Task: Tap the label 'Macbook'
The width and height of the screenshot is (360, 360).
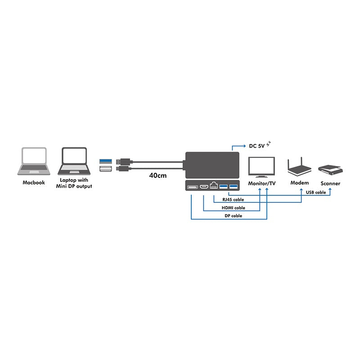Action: tap(34, 183)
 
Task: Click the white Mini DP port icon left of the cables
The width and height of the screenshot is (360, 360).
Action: tap(104, 169)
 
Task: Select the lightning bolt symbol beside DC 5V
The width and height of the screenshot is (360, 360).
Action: tap(269, 144)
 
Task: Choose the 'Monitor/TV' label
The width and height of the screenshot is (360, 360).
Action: tap(261, 183)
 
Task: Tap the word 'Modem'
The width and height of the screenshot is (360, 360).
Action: tap(300, 183)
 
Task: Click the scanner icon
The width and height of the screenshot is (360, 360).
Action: tap(331, 170)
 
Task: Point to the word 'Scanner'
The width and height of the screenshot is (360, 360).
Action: tap(330, 183)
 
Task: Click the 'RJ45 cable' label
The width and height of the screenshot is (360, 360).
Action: tap(233, 199)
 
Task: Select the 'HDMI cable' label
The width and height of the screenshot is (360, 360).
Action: tap(233, 207)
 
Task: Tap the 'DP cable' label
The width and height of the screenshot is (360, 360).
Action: tap(233, 216)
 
